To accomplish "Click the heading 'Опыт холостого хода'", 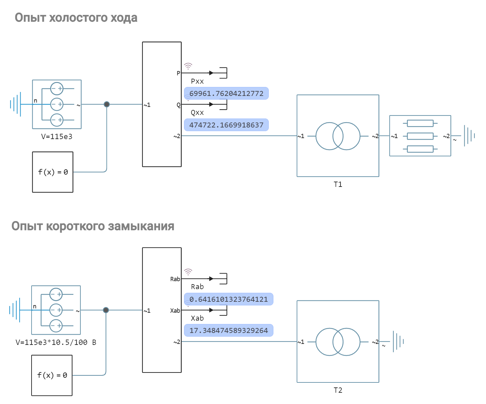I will [76, 18].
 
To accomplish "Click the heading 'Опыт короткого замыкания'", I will [93, 226].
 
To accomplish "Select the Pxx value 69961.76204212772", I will [226, 94].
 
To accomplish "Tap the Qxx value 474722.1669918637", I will [226, 125].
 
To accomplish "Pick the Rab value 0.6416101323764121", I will [229, 299].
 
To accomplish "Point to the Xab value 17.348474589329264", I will [229, 331].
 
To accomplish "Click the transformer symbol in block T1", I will [338, 136].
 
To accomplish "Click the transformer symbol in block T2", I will [338, 342].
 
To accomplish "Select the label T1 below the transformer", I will [338, 185].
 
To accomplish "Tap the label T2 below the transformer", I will [338, 390].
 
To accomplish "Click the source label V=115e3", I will [57, 136].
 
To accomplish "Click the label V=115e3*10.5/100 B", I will [56, 342].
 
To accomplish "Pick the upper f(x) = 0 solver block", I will [52, 172].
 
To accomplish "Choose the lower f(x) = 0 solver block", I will [52, 375].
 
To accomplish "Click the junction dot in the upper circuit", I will [107, 104].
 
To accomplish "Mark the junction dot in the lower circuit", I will [106, 310].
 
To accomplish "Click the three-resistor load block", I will [420, 136].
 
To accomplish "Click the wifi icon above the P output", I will [188, 66].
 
